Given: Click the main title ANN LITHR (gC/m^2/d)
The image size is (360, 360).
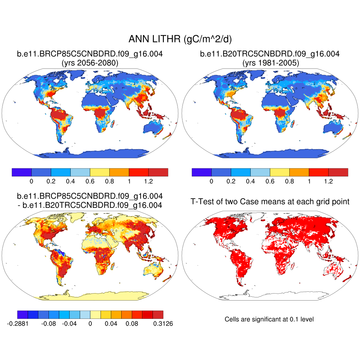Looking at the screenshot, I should point(180,39).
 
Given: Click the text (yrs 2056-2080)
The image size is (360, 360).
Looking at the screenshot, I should point(90,63).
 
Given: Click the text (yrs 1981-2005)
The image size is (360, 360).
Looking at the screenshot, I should point(270,63).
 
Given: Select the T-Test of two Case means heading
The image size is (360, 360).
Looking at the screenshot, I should point(270,202).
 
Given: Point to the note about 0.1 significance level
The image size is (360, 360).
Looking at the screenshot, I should point(269,319).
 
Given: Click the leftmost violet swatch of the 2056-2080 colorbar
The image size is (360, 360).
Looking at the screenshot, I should point(22,172).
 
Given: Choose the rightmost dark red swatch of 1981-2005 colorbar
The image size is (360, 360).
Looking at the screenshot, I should point(338,172).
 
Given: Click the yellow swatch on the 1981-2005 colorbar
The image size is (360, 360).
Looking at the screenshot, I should point(279,172).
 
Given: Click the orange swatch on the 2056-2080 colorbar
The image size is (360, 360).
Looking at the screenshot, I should point(119,172).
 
